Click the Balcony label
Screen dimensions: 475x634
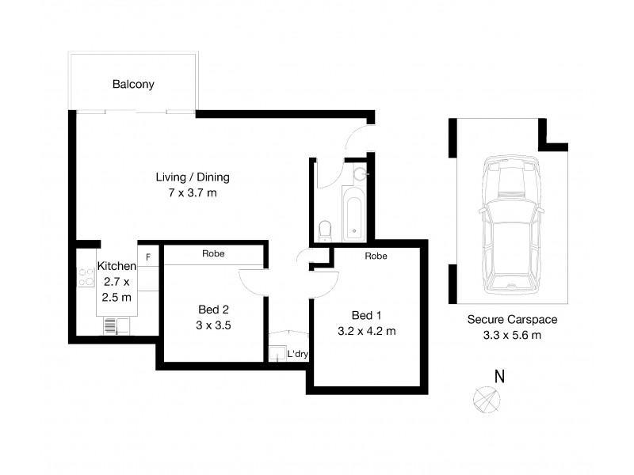133,84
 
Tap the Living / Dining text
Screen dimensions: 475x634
193,177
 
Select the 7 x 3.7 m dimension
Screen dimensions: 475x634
193,193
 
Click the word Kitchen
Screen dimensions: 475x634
116,266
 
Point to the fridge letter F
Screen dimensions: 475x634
148,257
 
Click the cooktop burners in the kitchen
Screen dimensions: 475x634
86,277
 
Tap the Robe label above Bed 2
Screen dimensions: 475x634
212,254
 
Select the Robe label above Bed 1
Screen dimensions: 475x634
376,256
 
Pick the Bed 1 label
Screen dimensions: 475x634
353,314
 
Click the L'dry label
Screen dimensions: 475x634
298,354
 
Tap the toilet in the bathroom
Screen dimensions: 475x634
324,230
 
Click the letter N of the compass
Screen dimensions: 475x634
500,377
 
